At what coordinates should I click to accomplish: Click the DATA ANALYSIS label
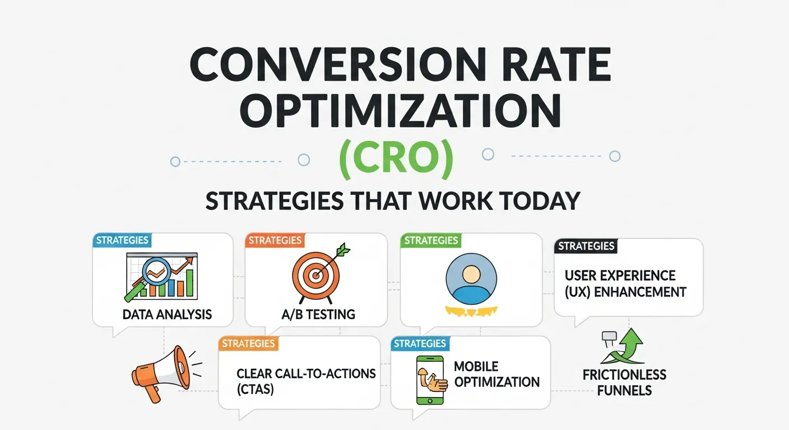point(167,314)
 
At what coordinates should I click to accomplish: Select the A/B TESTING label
point(318,314)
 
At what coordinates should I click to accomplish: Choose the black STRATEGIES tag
point(586,246)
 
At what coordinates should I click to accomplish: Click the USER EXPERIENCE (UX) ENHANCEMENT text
point(625,284)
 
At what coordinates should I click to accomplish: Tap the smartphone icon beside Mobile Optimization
point(429,380)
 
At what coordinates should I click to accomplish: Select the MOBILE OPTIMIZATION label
point(496,375)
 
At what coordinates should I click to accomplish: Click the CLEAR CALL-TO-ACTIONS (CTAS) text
point(306,381)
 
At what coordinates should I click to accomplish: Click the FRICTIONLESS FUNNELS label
point(624,382)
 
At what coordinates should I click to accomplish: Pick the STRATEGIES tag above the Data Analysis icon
point(122,240)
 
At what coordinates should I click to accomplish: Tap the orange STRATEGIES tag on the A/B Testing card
point(275,241)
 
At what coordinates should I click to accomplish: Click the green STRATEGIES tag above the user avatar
point(430,241)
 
